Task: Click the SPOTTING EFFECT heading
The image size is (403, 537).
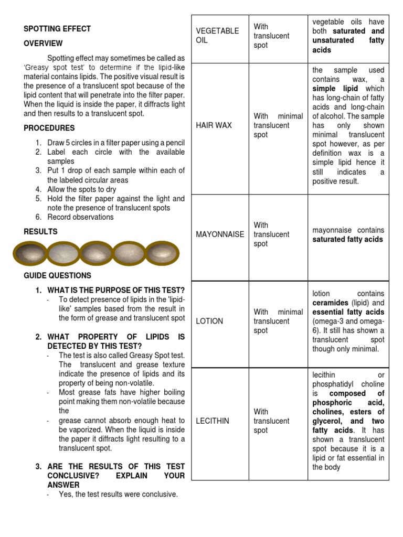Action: click(57, 29)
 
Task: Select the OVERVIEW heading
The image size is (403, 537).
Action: click(43, 44)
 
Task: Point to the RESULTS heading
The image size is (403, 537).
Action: click(41, 231)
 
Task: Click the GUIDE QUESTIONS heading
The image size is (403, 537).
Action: click(57, 275)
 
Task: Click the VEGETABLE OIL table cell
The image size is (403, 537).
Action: click(217, 36)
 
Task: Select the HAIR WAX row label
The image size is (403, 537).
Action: click(214, 125)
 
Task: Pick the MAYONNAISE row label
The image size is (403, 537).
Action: click(220, 234)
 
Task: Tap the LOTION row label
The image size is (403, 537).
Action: click(209, 321)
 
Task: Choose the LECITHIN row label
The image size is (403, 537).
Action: click(213, 421)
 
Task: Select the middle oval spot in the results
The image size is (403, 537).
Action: click(97, 254)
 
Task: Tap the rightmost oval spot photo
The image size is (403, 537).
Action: click(163, 254)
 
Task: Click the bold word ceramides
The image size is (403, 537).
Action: click(331, 303)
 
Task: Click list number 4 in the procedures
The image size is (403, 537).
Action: click(38, 189)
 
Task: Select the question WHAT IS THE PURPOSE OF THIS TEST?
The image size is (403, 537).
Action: click(116, 290)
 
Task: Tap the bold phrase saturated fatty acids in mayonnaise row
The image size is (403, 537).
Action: click(348, 240)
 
